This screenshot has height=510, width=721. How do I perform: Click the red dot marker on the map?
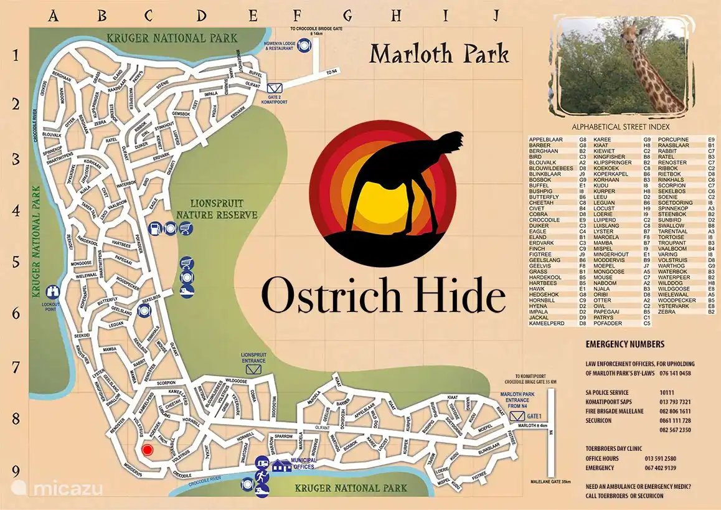coord(147,450)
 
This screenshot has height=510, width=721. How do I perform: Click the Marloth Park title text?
coord(439,54)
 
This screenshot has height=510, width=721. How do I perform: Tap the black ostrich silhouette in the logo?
coord(398,187)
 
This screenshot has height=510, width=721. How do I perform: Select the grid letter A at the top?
coord(54,15)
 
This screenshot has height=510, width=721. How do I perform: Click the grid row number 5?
coord(16,262)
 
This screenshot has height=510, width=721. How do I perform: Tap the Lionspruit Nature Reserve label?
coord(217,209)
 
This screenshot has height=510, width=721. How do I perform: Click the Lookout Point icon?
coord(54,291)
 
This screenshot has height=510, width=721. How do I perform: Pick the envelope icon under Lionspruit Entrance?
coord(253,369)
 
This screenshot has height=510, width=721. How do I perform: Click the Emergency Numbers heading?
coord(624,344)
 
